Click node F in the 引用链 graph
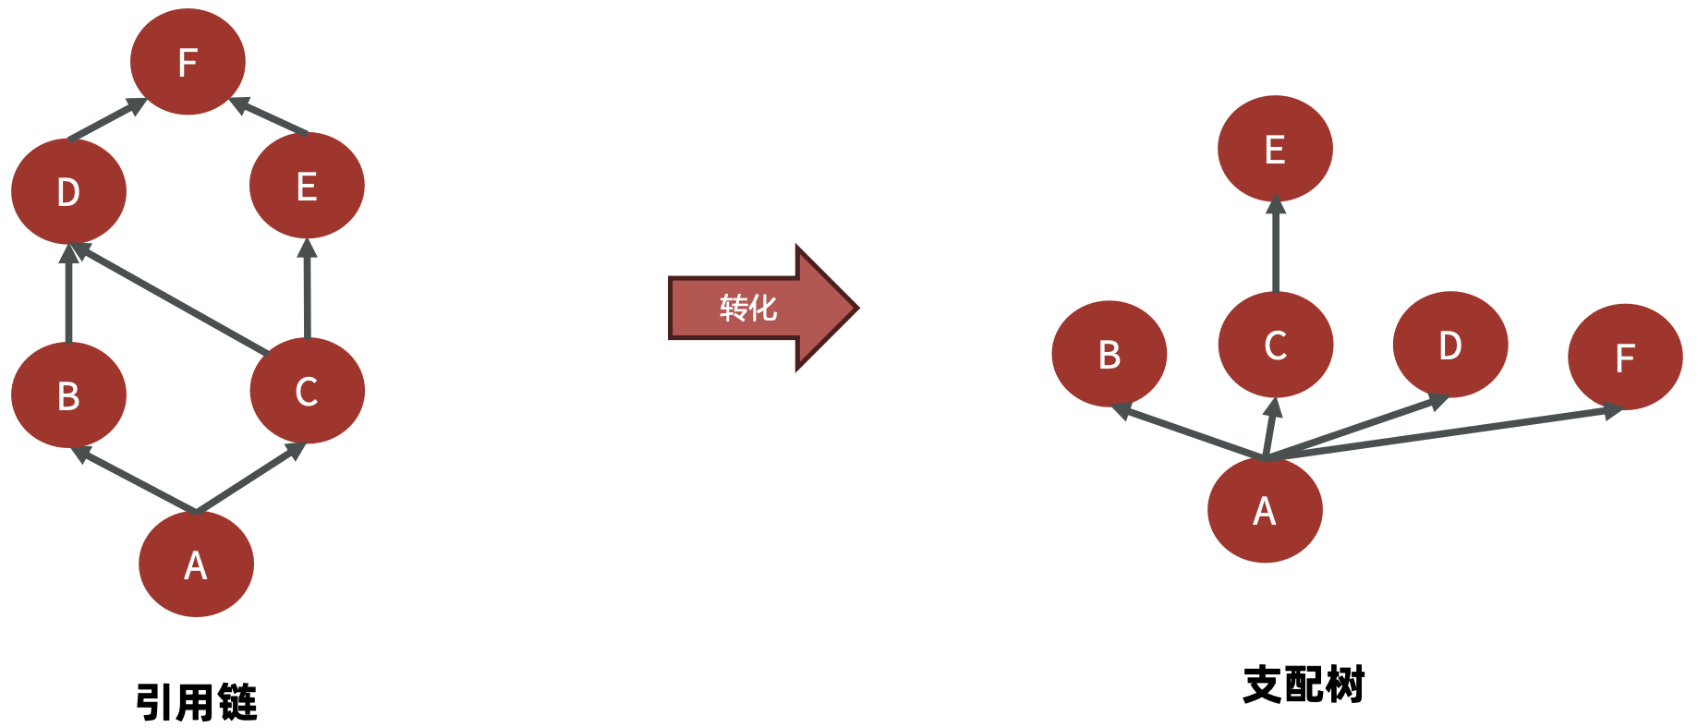(x=188, y=62)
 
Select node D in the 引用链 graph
(x=68, y=191)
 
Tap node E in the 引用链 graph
(x=307, y=186)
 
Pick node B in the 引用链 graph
(x=68, y=395)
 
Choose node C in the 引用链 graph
(x=307, y=391)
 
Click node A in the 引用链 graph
(x=196, y=564)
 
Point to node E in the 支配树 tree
(x=1275, y=149)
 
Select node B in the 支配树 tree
(x=1109, y=354)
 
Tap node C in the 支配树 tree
(x=1275, y=345)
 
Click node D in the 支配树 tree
(x=1449, y=345)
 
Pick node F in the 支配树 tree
(x=1625, y=357)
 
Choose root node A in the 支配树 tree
(x=1265, y=510)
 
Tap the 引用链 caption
(x=196, y=702)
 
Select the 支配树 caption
(x=1304, y=685)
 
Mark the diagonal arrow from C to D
(x=171, y=299)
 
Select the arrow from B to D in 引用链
(x=68, y=294)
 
